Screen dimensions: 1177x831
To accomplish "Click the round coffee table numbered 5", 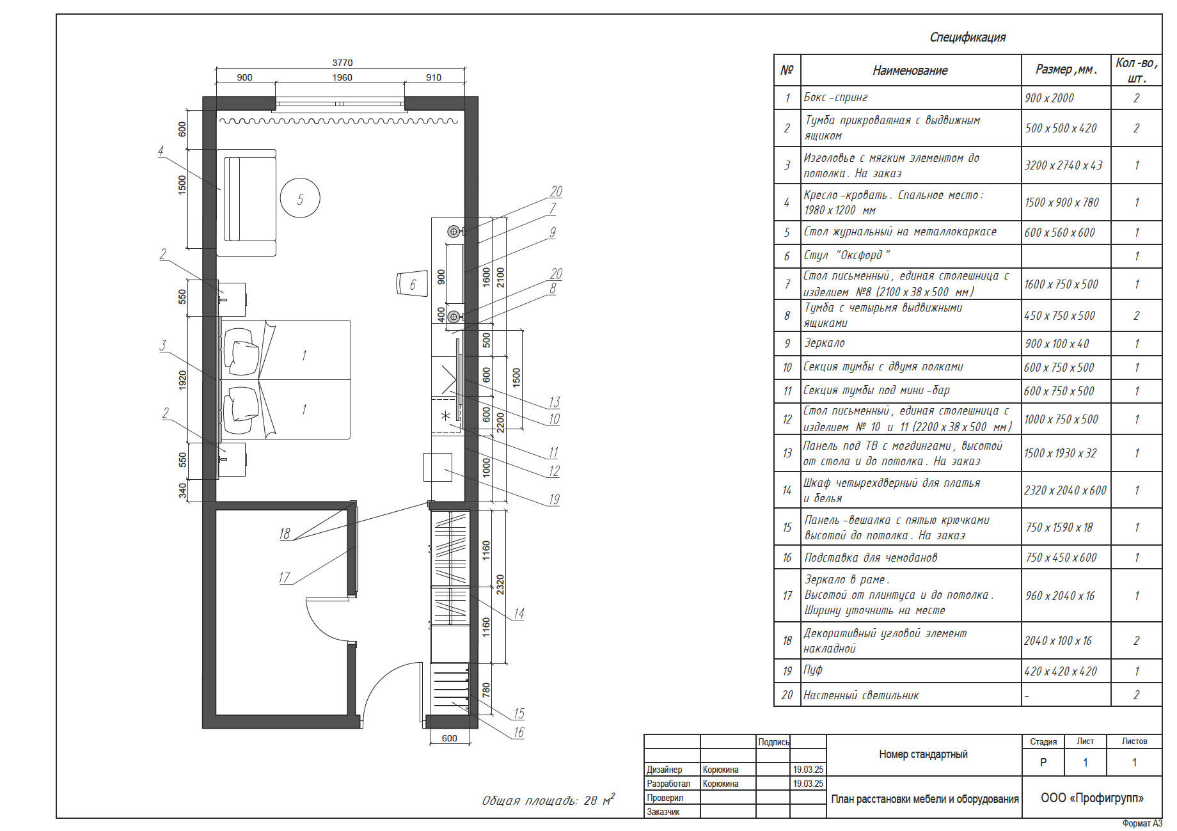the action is [300, 198].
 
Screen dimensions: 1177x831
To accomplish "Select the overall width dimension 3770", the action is [342, 63].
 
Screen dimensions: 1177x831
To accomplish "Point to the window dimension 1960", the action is [342, 77].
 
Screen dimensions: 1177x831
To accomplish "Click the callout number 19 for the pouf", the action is [554, 499].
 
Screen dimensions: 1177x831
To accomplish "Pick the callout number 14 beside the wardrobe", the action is [519, 613].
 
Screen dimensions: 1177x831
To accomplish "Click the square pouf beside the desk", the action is [438, 467].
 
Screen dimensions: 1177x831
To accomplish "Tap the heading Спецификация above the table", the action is [967, 37].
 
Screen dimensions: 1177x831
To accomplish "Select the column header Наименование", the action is [910, 70].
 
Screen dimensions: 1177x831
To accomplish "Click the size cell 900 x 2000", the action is [1049, 98].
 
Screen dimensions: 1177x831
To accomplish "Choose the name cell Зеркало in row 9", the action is [824, 343].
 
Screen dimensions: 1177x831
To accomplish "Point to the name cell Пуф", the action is [813, 670].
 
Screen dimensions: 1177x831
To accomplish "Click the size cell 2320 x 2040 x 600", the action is [1065, 490].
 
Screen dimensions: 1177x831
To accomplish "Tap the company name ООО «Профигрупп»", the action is [1092, 798].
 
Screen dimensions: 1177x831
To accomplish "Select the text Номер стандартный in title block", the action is [923, 754].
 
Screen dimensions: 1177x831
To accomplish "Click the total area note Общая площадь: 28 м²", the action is [548, 800].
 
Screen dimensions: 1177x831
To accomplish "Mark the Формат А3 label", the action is [1142, 823].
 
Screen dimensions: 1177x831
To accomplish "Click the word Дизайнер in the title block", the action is [664, 770].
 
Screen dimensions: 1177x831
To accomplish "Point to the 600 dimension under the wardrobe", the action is [449, 738].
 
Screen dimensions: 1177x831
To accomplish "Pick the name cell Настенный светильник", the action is [861, 695].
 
